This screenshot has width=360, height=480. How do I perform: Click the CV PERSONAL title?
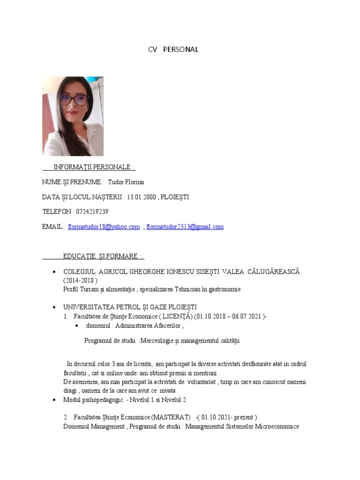coord(173,49)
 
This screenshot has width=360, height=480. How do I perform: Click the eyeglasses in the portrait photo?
coord(74,99)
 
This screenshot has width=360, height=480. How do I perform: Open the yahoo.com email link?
coord(104,227)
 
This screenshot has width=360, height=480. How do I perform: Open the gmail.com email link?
coord(185,227)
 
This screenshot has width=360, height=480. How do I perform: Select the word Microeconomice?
coord(277,427)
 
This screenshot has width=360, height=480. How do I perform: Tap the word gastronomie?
coord(224,289)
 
